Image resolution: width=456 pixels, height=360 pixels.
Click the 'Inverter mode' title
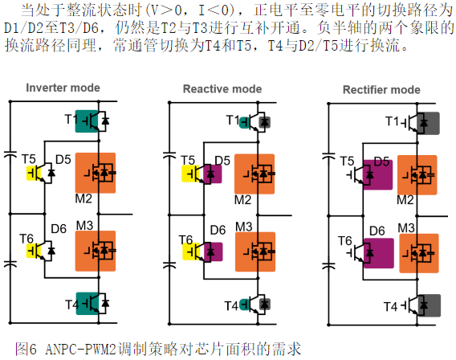63,88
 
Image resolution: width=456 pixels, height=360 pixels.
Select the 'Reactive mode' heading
222,88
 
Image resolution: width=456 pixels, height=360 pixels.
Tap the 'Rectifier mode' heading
381,90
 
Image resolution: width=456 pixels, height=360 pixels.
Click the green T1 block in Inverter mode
87,121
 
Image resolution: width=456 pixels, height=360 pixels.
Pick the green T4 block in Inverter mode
88,303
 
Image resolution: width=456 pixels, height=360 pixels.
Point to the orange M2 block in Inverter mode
96,173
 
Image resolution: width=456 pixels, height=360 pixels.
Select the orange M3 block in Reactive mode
255,252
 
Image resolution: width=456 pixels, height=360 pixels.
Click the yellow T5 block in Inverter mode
33,173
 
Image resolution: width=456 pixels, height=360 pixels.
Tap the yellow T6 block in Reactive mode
190,252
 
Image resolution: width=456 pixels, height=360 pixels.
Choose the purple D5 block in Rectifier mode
378,174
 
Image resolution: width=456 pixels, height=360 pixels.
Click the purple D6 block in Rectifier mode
379,253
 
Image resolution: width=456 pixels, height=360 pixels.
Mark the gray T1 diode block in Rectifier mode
428,123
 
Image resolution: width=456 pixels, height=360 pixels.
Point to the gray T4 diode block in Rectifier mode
430,305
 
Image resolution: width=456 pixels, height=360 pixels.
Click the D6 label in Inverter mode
59,229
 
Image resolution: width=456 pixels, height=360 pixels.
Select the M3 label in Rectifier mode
406,228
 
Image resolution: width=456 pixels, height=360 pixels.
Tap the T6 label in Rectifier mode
345,241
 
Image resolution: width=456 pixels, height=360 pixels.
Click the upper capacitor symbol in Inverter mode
10,154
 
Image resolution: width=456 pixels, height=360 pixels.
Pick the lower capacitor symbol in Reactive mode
169,264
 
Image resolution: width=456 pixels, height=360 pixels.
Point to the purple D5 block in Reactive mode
213,174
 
